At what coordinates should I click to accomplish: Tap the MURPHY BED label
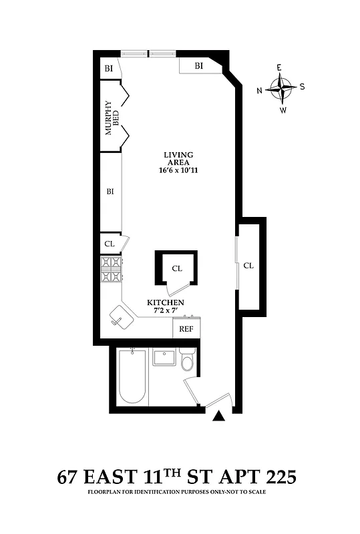(112, 122)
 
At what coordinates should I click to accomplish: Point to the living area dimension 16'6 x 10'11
(178, 171)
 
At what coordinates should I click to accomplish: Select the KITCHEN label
(166, 302)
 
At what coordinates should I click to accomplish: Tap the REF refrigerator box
(186, 328)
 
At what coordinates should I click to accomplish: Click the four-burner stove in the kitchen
(112, 269)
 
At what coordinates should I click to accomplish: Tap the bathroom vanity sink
(164, 357)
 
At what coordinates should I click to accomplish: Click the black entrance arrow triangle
(217, 416)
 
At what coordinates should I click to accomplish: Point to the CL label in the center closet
(177, 268)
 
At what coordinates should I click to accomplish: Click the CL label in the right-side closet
(248, 265)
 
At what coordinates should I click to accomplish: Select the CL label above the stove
(109, 244)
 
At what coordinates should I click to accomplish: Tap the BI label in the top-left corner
(108, 69)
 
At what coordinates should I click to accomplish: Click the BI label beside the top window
(198, 65)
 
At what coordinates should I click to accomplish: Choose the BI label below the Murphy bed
(110, 192)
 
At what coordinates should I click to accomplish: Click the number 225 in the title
(275, 478)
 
